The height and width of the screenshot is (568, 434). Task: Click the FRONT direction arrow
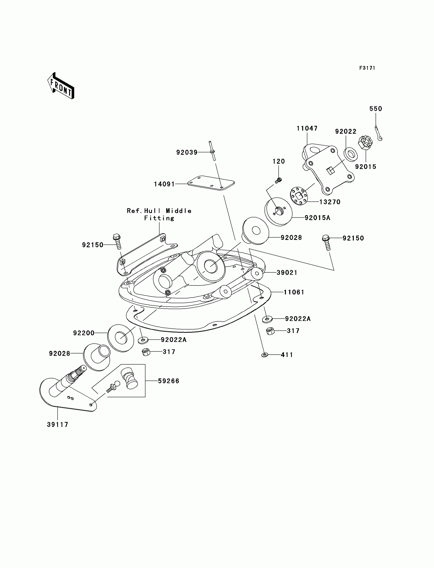[x=61, y=86]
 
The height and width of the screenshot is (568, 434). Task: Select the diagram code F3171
[x=367, y=68]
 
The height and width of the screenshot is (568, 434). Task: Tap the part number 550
[x=376, y=109]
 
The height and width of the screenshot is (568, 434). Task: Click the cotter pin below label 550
[x=378, y=133]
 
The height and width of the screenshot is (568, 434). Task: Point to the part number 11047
[x=307, y=128]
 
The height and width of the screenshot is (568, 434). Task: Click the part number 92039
[x=187, y=153]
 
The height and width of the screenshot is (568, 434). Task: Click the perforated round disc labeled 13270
[x=299, y=196]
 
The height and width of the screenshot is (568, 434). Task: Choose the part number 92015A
[x=317, y=218]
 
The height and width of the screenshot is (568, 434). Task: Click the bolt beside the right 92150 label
[x=327, y=242]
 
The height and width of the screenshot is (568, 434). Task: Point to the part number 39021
[x=287, y=272]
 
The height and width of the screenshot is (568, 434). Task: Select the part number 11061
[x=294, y=292]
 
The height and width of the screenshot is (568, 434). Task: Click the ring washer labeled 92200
[x=121, y=338]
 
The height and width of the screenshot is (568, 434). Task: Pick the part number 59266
[x=168, y=381]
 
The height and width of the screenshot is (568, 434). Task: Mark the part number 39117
[x=58, y=424]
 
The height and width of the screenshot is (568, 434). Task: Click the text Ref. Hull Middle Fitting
[x=159, y=214]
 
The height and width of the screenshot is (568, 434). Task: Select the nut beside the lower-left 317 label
[x=146, y=352]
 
